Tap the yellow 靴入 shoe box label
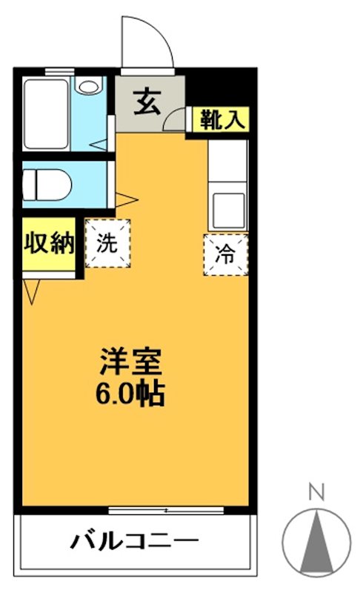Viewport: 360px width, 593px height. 220,119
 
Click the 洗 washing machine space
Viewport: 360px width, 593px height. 107,243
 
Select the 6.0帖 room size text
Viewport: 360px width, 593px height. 131,393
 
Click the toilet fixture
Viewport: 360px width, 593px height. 47,182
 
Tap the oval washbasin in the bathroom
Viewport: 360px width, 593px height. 89,87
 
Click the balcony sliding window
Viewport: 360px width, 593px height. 165,510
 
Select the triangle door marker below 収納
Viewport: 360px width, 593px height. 32,292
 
